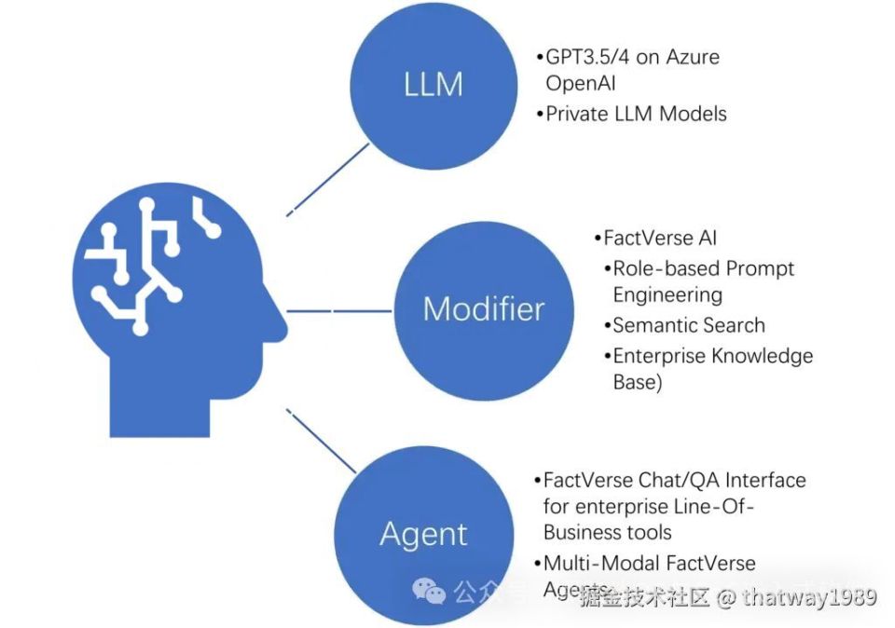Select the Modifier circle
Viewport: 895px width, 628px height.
[483, 308]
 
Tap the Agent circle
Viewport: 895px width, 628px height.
[423, 534]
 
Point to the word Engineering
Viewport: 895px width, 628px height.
[668, 294]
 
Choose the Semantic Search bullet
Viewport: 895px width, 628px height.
[689, 325]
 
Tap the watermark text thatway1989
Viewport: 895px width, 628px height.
[808, 597]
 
